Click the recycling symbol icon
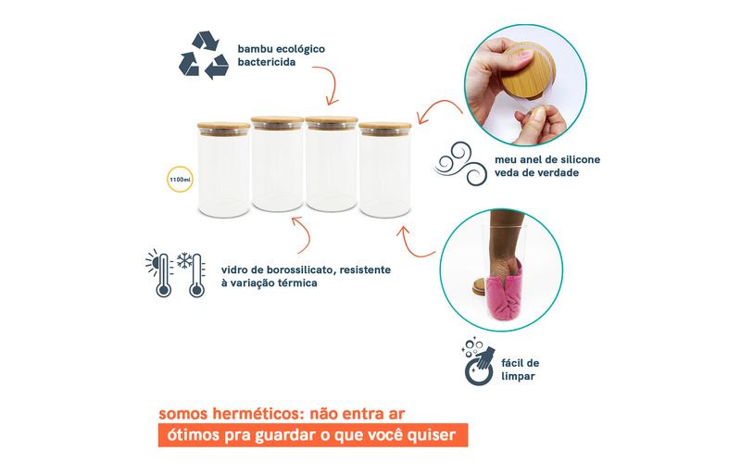[x=204, y=55]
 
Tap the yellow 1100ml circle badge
[x=180, y=179]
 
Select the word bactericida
[x=267, y=62]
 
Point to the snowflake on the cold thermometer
[x=184, y=260]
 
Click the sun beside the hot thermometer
[x=152, y=261]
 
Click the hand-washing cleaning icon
[x=478, y=361]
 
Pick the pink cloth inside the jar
[x=507, y=293]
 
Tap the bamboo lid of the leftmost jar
[x=223, y=128]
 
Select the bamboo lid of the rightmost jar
[x=384, y=128]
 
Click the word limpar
[x=518, y=376]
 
